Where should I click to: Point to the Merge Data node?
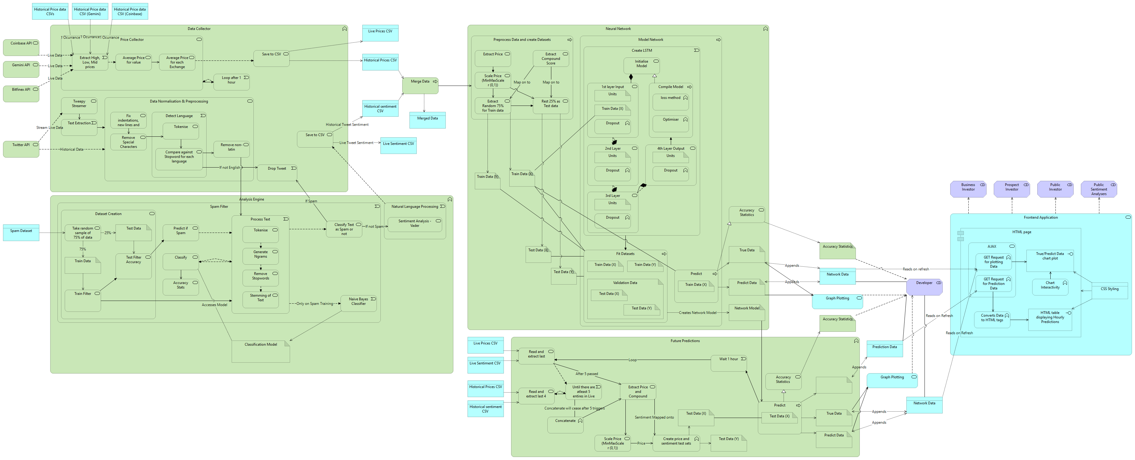[420, 85]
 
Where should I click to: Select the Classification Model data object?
[260, 351]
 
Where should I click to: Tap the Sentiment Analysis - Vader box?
[415, 225]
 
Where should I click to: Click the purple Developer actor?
[924, 286]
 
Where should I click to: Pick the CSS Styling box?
[1109, 291]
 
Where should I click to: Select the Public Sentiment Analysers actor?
[1098, 189]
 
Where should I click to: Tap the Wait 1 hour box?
[728, 363]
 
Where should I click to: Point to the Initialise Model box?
[641, 65]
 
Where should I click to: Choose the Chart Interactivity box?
[1050, 286]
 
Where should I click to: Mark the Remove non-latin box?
[231, 148]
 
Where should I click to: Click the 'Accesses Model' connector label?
[215, 305]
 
